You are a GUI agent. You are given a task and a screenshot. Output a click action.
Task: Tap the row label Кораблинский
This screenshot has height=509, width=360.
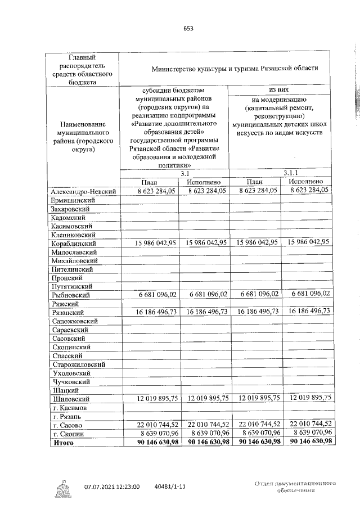coord(74,243)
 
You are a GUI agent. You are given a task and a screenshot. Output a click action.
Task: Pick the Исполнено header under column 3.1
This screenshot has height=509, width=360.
coord(204,182)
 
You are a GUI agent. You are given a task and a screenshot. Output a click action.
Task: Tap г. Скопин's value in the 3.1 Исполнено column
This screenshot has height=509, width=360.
coord(204,433)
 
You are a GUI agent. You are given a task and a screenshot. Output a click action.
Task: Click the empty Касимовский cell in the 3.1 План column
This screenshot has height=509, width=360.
coord(148,226)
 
